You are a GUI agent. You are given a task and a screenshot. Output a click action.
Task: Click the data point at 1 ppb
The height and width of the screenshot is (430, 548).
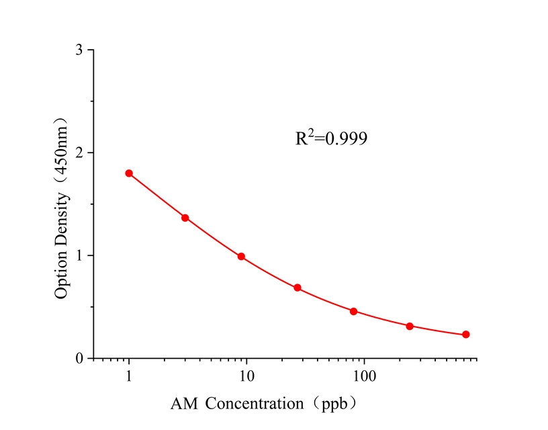pos(129,173)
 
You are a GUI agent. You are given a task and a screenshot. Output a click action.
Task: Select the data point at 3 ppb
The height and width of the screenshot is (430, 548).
pos(185,218)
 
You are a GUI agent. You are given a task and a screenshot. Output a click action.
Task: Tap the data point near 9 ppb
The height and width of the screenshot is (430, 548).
pos(241,257)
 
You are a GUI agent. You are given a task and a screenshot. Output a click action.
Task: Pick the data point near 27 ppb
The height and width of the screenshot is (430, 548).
pos(298,288)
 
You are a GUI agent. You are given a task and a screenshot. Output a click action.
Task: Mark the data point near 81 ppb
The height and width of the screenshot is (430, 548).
pos(354,311)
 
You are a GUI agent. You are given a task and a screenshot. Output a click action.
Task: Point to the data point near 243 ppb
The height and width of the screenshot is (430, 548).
pos(410,326)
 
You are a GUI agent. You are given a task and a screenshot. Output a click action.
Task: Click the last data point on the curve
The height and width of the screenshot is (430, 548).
pos(466,335)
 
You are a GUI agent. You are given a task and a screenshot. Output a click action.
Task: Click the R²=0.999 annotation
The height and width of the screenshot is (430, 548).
pos(332,138)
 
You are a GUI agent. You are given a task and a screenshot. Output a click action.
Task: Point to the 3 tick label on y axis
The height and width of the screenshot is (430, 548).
pos(80,50)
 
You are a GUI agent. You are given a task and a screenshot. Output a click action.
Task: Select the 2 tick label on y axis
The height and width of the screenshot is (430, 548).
pos(80,153)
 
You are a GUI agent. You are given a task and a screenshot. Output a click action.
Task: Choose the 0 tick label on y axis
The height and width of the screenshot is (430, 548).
pos(80,359)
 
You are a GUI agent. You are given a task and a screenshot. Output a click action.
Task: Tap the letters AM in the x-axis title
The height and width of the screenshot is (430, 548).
pos(183,404)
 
